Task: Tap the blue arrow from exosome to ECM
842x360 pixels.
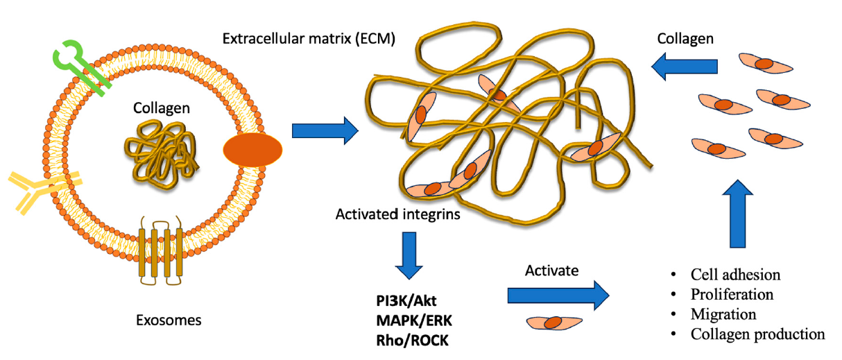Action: click(x=325, y=130)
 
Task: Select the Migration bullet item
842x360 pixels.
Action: click(x=723, y=314)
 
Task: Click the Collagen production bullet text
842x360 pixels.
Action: click(x=757, y=334)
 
